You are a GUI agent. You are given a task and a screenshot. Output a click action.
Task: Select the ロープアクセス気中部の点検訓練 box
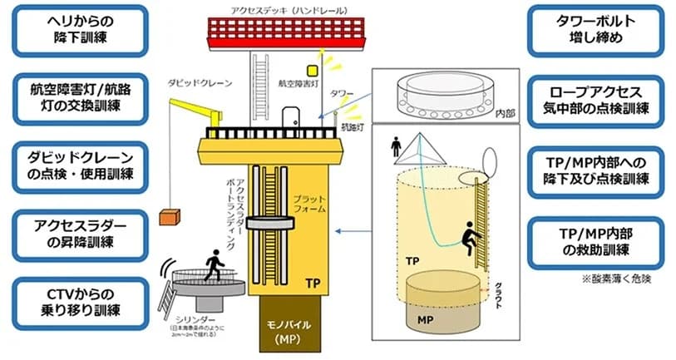[x=595, y=98]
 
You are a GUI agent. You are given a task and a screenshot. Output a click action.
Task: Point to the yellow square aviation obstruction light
[x=313, y=71]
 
